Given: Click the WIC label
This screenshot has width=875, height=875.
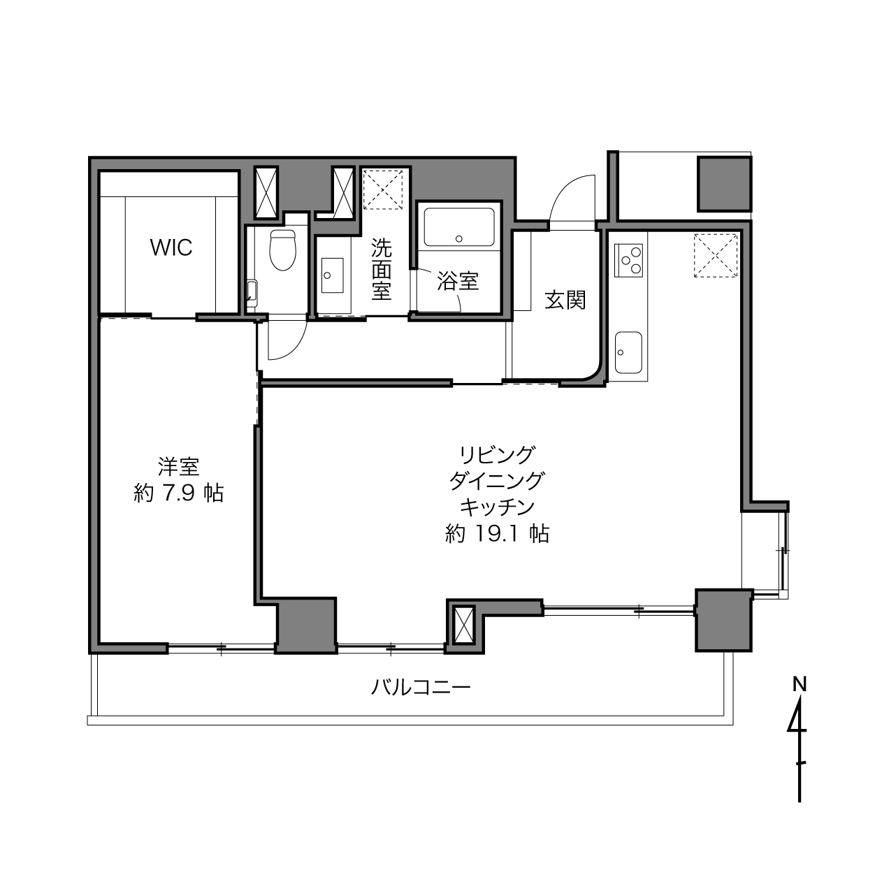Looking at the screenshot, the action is (171, 247).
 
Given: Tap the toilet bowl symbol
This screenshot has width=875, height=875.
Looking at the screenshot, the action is (282, 250).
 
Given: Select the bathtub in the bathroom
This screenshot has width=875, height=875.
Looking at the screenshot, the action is (459, 228).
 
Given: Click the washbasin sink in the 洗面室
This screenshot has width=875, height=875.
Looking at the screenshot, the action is (332, 275).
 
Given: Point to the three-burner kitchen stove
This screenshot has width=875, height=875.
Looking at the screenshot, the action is (628, 260).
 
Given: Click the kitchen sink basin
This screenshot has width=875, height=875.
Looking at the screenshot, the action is (628, 352).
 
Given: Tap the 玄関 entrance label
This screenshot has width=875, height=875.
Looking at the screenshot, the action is (565, 300).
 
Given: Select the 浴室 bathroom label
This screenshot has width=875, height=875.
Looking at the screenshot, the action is (458, 281).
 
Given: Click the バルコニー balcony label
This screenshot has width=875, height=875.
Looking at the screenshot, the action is (421, 688).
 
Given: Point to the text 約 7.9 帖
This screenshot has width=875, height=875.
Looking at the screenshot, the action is (179, 493).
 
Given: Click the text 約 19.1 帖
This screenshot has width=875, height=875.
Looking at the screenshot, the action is (497, 533).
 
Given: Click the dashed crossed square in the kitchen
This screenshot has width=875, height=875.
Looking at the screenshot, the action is (716, 255).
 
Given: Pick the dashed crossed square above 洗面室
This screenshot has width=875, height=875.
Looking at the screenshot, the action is (383, 189).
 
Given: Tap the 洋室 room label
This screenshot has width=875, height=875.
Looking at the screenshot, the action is (178, 467).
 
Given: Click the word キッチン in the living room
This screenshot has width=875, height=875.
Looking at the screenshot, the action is (497, 507).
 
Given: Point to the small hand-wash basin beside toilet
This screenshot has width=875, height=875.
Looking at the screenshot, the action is (252, 291).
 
